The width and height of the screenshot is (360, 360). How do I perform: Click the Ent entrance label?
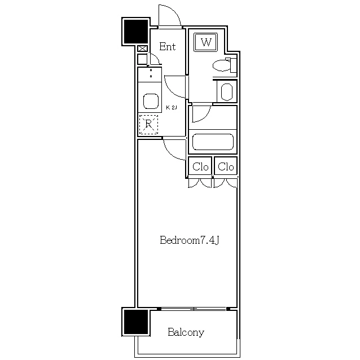pos(168,47)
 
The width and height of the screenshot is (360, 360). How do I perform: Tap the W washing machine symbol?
pos(206,42)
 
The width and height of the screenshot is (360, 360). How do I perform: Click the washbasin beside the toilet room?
pos(227,91)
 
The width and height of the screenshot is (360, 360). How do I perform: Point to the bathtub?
pos(213,142)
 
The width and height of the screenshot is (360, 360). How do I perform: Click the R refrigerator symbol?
pos(149,125)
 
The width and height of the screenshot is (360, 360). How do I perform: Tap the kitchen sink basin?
pos(151,101)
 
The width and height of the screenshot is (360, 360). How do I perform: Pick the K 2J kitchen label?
pos(172,107)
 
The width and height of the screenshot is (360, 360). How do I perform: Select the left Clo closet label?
pos(200,166)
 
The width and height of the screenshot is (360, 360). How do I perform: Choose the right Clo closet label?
pos(226,166)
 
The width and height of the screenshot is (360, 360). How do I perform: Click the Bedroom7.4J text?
pos(190,240)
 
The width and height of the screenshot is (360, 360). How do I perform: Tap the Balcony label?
pos(186,332)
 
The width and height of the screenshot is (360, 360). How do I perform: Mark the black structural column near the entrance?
pos(136,32)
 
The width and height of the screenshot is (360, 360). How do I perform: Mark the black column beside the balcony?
pos(136,322)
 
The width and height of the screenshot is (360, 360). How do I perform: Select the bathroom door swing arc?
pos(206,117)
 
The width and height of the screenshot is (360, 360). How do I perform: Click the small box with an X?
pos(142,49)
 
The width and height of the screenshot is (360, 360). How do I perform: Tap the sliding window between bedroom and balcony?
pos(194,309)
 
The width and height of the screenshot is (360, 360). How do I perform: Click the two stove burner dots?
pos(151,73)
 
